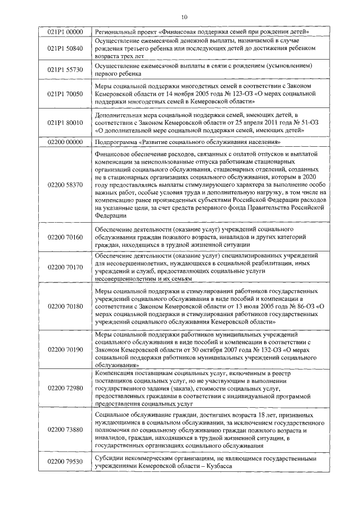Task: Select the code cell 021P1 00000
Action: coord(65,31)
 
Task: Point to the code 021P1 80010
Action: coord(65,122)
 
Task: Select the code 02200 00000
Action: coord(65,143)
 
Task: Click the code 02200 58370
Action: coord(65,184)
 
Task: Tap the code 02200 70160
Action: coord(65,237)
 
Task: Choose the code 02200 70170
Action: coord(65,267)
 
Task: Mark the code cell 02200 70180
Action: coord(65,307)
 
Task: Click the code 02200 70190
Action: coord(65,349)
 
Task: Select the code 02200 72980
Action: coord(65,388)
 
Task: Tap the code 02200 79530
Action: coord(65,462)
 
